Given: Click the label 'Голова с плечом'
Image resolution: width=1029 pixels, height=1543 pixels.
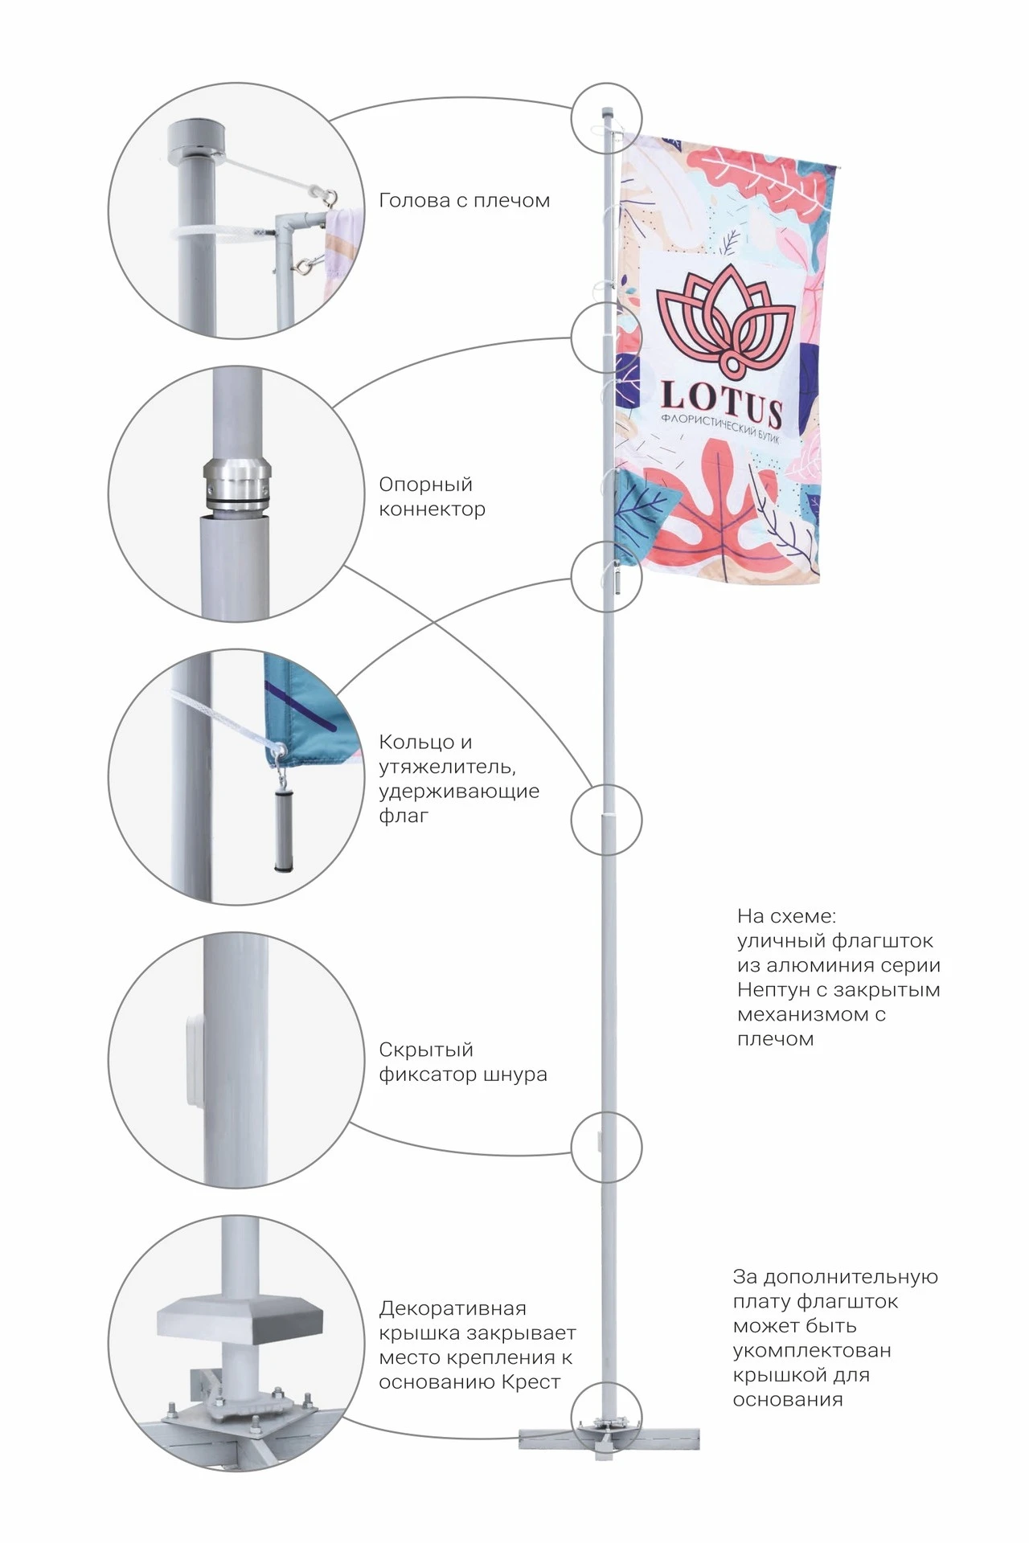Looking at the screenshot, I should point(464,201).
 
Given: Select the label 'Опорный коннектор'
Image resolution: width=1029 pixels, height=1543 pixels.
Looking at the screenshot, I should point(432,497).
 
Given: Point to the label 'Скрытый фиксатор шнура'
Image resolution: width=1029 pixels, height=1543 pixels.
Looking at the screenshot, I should point(462,1062).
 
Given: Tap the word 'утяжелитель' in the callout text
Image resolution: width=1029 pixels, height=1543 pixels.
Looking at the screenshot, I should point(446,767).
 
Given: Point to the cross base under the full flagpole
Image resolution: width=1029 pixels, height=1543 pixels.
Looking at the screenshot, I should point(609,1439).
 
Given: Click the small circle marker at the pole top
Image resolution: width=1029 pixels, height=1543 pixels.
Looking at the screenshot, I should point(607,118).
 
